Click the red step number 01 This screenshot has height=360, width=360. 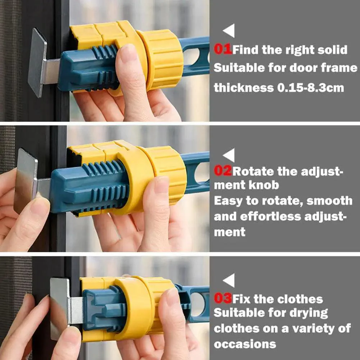pos(223,49)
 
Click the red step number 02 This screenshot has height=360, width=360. pos(223,171)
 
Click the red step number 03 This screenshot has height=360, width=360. pos(223,299)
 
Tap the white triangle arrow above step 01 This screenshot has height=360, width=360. pos(229,31)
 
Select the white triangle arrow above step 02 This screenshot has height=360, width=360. pos(229,155)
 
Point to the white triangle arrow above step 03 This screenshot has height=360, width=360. pos(229,280)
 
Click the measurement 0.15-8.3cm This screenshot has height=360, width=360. pos(311,88)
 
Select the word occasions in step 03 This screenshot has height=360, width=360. pos(245,344)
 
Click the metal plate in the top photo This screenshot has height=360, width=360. pos(37,63)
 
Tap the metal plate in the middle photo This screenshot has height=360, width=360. pos(26,181)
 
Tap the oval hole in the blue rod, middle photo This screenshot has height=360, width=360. pos(201,172)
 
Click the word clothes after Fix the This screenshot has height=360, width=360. pos(300,299)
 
